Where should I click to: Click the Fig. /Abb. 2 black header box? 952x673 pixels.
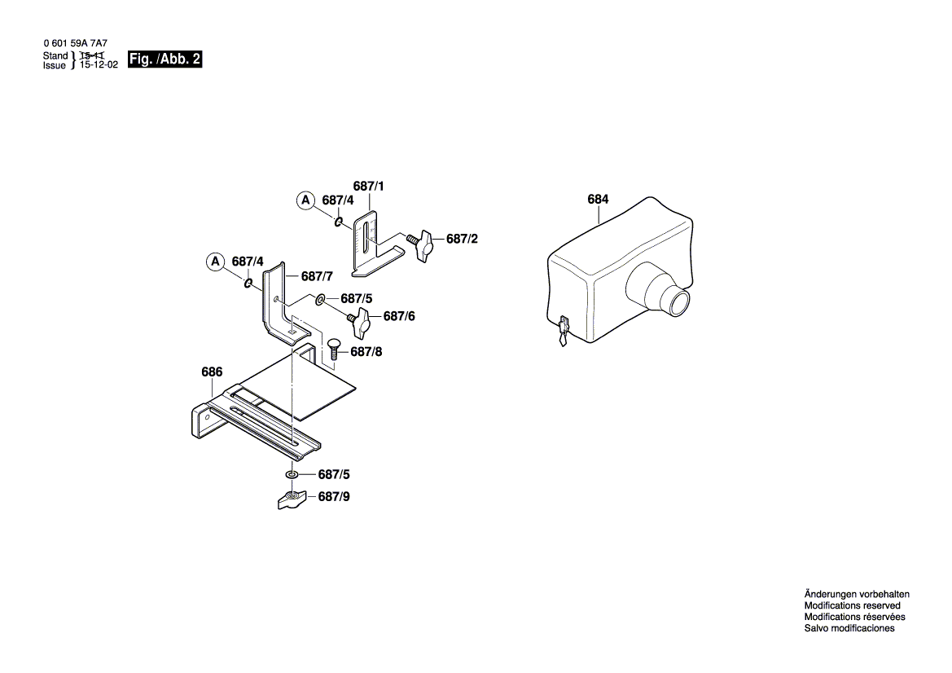pos(165,59)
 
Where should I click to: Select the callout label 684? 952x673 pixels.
pos(598,200)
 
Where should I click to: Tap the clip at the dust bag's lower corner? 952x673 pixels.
pos(563,331)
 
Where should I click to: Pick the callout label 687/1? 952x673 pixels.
pos(368,187)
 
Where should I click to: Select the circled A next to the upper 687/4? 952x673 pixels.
pos(305,200)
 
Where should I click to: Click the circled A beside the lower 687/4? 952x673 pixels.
pos(214,262)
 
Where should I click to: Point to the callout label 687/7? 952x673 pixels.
pos(317,276)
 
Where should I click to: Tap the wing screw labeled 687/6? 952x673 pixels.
pos(359,320)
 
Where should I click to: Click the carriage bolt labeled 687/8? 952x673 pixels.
pos(334,350)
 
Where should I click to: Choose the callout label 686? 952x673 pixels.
pos(212,372)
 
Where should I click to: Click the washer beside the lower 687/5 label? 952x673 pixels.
pos(291,474)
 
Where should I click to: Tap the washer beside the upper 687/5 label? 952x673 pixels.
pos(320,299)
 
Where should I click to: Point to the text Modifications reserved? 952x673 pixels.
pos(852,605)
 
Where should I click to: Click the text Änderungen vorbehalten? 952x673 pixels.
pos(857,594)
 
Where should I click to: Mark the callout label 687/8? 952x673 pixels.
pos(366,352)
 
